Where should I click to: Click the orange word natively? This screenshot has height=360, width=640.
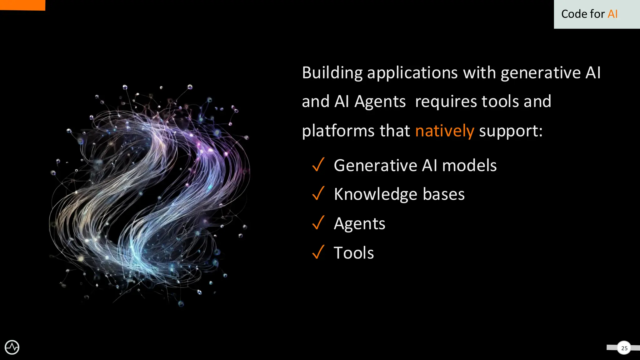pyautogui.click(x=444, y=131)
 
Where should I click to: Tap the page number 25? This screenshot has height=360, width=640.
pyautogui.click(x=624, y=348)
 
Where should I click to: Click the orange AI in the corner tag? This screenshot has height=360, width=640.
pyautogui.click(x=612, y=14)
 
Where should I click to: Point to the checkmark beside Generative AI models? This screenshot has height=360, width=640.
pyautogui.click(x=318, y=165)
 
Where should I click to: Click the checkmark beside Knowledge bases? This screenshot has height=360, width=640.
pyautogui.click(x=318, y=193)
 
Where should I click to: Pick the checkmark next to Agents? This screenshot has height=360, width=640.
pyautogui.click(x=318, y=223)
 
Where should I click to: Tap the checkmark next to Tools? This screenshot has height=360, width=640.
pyautogui.click(x=318, y=252)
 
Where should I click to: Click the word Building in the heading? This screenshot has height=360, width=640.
pyautogui.click(x=332, y=73)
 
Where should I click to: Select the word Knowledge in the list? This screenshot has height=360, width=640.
pyautogui.click(x=375, y=194)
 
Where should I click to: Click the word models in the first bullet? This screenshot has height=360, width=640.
pyautogui.click(x=469, y=165)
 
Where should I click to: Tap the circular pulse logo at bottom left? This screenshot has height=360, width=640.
pyautogui.click(x=12, y=347)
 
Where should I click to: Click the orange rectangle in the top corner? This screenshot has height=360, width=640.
pyautogui.click(x=22, y=5)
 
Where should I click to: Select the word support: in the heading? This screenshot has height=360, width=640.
pyautogui.click(x=511, y=131)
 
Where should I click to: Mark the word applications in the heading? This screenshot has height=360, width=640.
pyautogui.click(x=412, y=73)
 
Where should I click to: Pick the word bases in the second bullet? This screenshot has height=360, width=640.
pyautogui.click(x=443, y=194)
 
